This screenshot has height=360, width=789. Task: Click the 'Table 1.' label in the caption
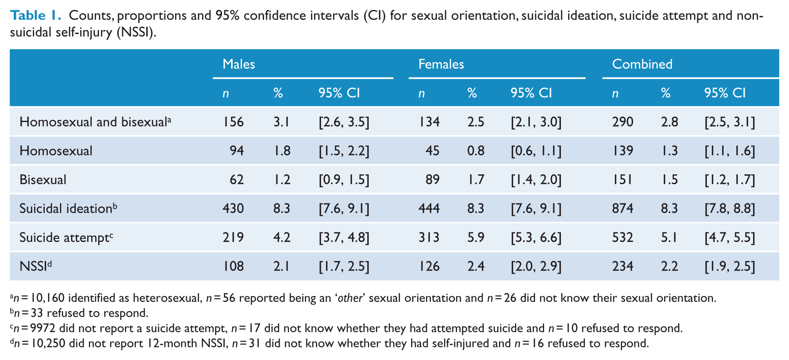pyautogui.click(x=36, y=16)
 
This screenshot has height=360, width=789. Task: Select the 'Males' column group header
pyautogui.click(x=238, y=64)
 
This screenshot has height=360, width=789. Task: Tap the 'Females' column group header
pyautogui.click(x=441, y=64)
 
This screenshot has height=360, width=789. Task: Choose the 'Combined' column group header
pyautogui.click(x=642, y=64)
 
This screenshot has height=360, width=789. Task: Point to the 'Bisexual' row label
pyautogui.click(x=43, y=180)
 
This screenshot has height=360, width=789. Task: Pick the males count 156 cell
pyautogui.click(x=233, y=122)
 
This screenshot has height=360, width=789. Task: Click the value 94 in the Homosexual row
pyautogui.click(x=237, y=151)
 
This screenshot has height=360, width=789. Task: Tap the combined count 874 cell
pyautogui.click(x=622, y=209)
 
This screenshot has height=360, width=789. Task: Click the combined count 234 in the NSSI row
pyautogui.click(x=622, y=266)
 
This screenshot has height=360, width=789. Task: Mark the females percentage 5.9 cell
pyautogui.click(x=476, y=238)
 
